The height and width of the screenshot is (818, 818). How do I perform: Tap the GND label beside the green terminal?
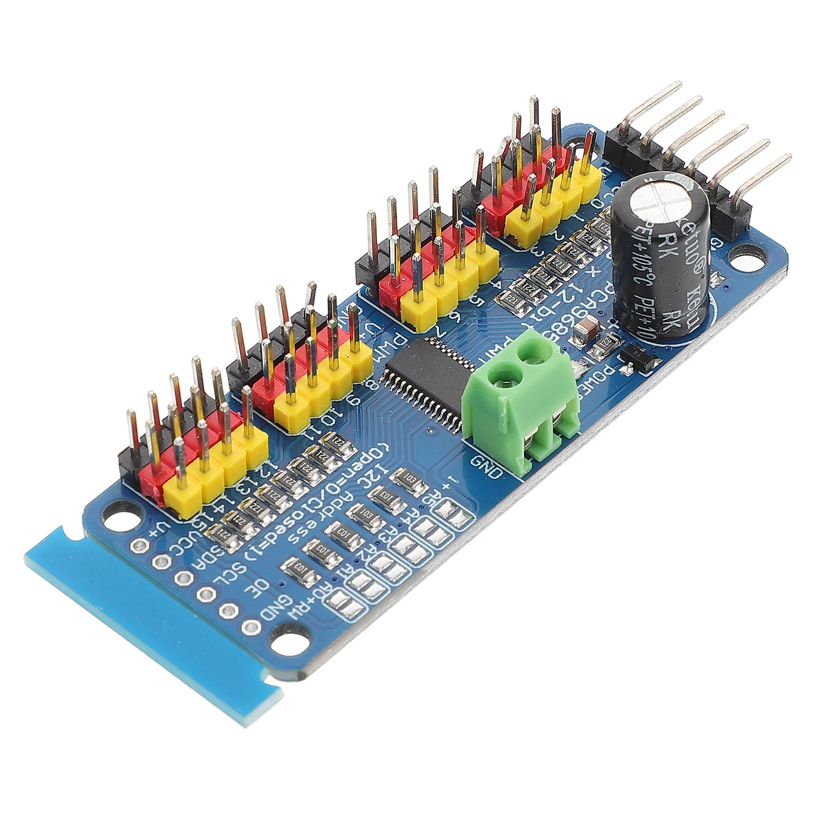pos(485,465)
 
